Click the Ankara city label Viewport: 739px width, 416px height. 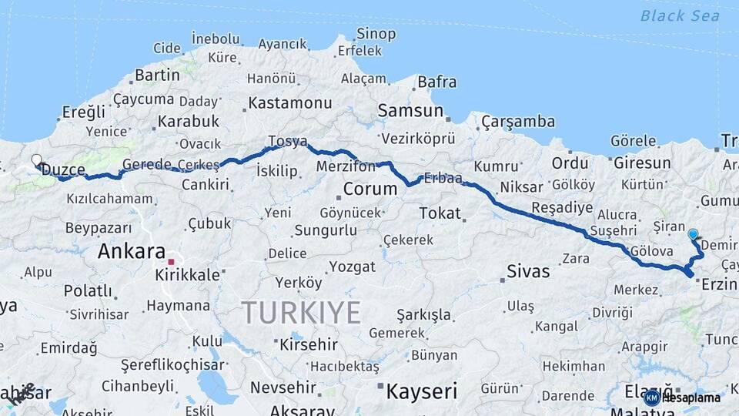click(x=132, y=251)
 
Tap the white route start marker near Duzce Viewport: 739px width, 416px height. click(x=36, y=160)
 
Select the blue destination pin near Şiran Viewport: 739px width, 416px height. click(x=693, y=234)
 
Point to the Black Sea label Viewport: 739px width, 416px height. click(x=680, y=15)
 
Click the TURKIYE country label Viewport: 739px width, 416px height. click(x=301, y=313)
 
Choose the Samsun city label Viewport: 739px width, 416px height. click(x=410, y=111)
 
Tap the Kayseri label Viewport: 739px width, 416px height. click(x=422, y=391)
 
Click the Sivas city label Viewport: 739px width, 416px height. click(x=528, y=271)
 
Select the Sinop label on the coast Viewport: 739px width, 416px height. click(x=376, y=34)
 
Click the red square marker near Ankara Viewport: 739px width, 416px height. click(x=171, y=263)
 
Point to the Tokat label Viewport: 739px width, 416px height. click(x=440, y=213)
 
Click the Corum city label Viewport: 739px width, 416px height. click(x=369, y=189)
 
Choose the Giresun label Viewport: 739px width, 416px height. click(x=641, y=163)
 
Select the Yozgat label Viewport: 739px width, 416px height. click(x=352, y=267)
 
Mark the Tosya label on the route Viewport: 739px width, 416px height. click(x=288, y=142)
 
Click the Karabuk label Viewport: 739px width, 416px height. click(x=189, y=121)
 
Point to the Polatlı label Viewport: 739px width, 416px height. click(x=88, y=290)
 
